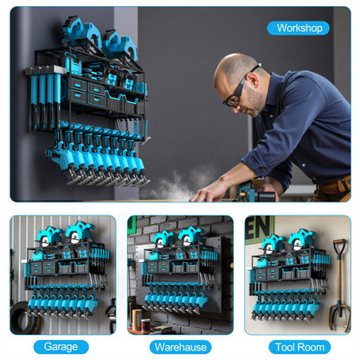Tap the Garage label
61,346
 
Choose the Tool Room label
298,346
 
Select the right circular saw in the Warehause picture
190,235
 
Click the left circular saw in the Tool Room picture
273,241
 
